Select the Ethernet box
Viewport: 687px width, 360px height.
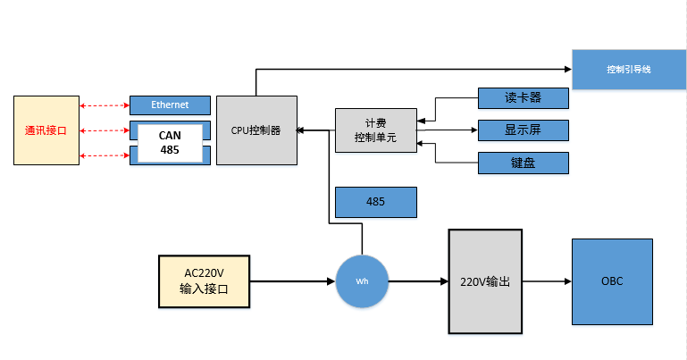(170, 105)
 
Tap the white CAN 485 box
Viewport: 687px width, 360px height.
(170, 143)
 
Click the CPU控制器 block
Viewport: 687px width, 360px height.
(256, 130)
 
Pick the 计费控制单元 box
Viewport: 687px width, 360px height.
(375, 130)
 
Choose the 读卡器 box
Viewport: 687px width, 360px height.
(524, 97)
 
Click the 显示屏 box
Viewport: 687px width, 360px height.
(524, 130)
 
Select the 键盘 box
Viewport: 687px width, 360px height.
(524, 163)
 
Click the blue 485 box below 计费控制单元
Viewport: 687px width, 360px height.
(375, 202)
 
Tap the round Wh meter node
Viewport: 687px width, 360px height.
(362, 280)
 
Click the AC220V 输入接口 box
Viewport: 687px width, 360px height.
(204, 280)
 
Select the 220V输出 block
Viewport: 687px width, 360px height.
(484, 280)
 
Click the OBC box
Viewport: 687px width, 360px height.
(612, 280)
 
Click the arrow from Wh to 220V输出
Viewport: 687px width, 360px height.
(418, 280)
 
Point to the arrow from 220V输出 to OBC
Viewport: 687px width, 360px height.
(546, 280)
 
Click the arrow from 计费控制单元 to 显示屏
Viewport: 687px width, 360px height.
(447, 130)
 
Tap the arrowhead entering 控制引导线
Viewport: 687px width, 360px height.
(566, 69)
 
